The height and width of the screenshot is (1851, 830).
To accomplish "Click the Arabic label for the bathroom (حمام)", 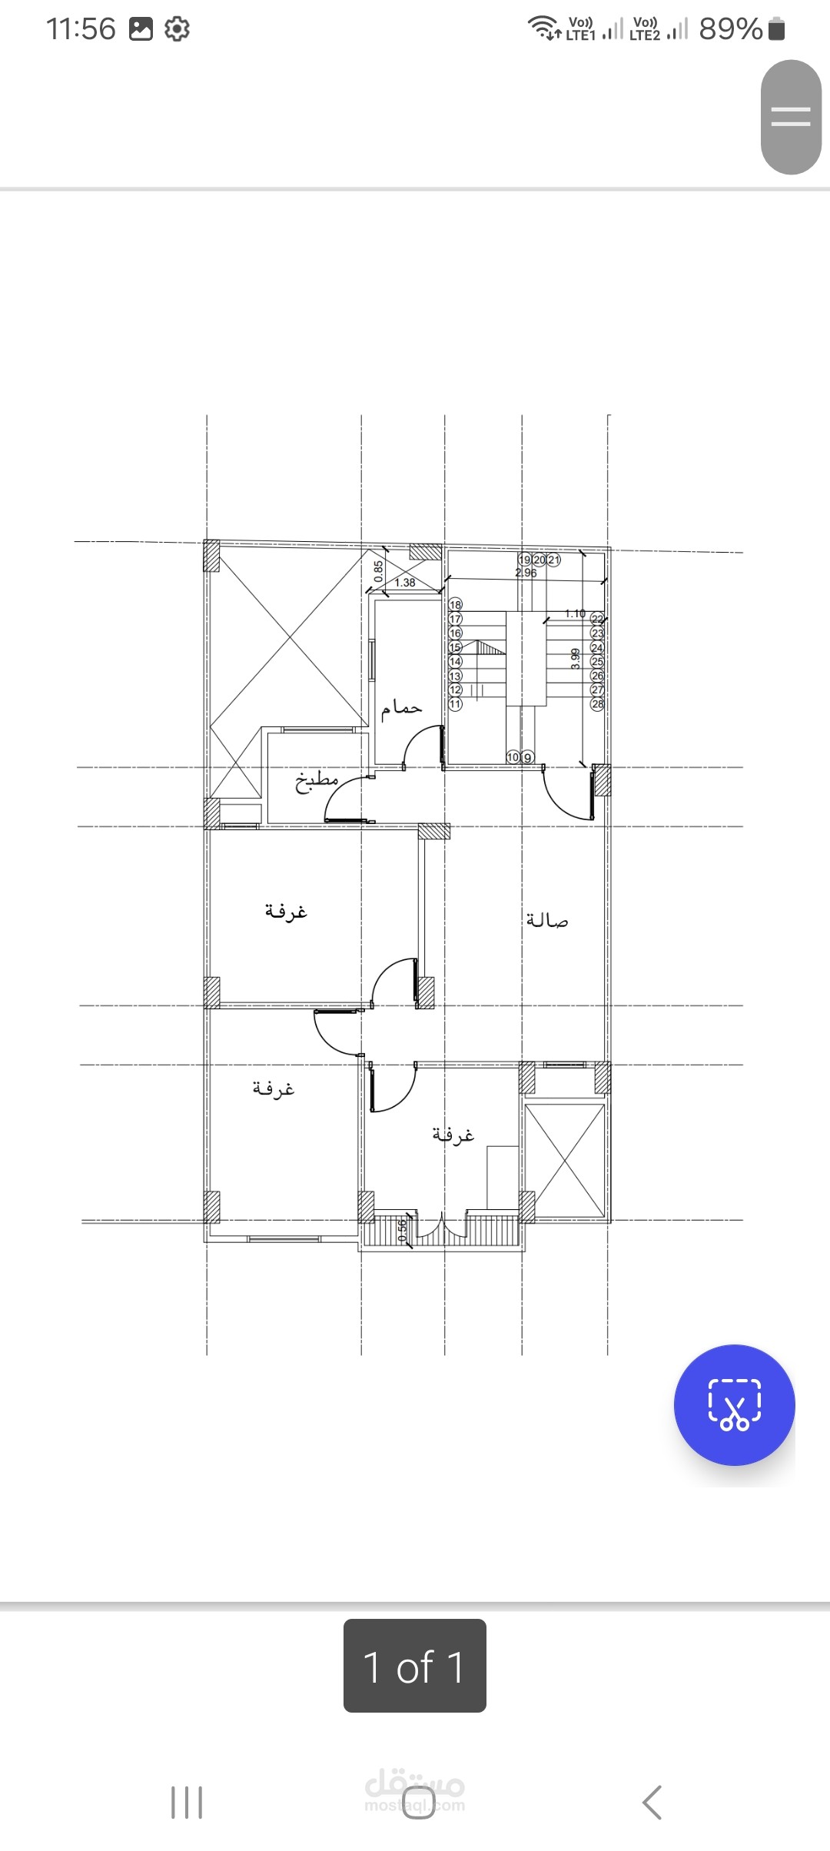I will click(402, 707).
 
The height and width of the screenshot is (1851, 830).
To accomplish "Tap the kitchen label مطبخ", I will click(317, 781).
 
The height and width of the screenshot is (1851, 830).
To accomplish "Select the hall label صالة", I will click(547, 919).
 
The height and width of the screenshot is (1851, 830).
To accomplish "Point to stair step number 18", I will click(456, 605).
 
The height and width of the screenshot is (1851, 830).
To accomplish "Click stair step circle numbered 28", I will click(597, 704).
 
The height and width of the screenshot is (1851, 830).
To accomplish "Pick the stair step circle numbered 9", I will click(527, 758).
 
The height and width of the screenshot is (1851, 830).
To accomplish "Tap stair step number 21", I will click(553, 560).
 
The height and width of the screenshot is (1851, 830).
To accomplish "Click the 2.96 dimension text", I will click(526, 573).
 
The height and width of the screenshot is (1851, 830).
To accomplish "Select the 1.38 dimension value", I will click(405, 583).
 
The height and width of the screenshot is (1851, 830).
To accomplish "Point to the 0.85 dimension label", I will click(379, 570).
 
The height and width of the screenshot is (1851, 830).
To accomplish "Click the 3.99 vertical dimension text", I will click(576, 659).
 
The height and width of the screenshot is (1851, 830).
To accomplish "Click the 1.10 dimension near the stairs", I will click(575, 613).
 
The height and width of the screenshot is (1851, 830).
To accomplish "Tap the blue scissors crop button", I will click(734, 1404).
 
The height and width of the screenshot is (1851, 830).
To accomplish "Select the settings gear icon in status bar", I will click(178, 29).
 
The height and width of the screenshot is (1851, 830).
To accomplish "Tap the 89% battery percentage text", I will click(730, 29).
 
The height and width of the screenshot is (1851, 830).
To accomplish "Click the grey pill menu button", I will click(791, 117).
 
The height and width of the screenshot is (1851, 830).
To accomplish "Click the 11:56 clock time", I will click(81, 29).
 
